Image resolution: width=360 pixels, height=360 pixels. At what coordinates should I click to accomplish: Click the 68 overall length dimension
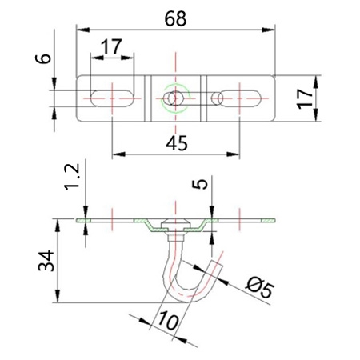pyautogui.click(x=175, y=19)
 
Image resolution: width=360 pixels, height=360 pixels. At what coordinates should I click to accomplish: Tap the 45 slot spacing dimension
pyautogui.click(x=176, y=143)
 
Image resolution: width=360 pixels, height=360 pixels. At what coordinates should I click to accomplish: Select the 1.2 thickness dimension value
pyautogui.click(x=72, y=176)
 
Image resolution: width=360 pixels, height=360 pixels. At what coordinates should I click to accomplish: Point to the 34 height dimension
pyautogui.click(x=46, y=261)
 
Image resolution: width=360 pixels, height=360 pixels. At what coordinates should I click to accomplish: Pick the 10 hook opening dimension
pyautogui.click(x=168, y=321)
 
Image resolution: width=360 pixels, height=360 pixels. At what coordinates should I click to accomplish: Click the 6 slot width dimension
pyautogui.click(x=43, y=58)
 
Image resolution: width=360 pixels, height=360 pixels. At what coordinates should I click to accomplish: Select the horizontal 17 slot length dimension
pyautogui.click(x=112, y=46)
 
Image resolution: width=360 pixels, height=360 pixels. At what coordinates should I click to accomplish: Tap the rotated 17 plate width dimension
pyautogui.click(x=305, y=99)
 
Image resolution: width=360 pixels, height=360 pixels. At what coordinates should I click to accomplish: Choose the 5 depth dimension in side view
pyautogui.click(x=200, y=184)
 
